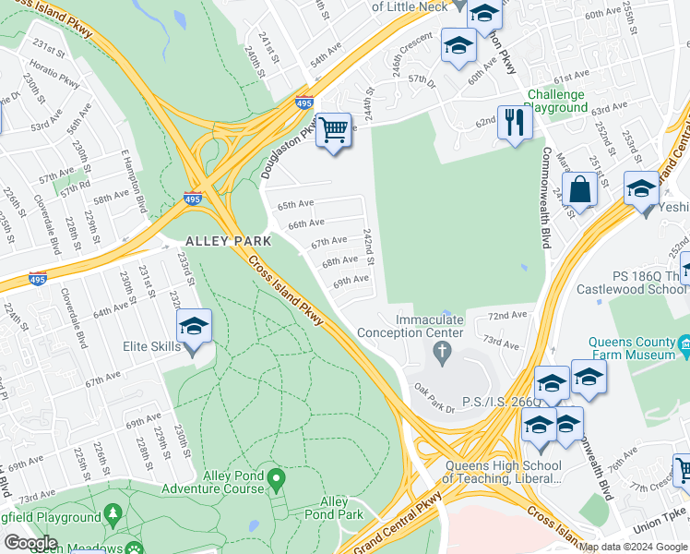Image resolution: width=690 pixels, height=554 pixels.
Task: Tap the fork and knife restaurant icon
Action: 513,122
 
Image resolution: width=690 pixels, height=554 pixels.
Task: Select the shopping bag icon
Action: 582,190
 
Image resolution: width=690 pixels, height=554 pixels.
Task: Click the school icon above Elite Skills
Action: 195,326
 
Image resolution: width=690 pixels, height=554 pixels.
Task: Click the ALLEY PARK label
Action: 228,241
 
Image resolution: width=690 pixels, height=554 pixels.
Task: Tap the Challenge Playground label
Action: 556,101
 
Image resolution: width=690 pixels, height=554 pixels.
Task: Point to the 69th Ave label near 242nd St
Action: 351,279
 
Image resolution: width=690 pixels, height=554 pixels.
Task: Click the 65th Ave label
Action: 295,205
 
